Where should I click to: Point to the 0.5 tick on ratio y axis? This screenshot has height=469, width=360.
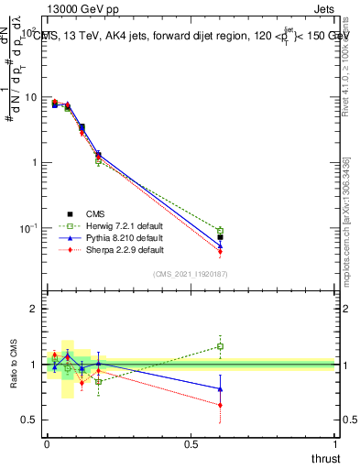[x=30, y=420]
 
